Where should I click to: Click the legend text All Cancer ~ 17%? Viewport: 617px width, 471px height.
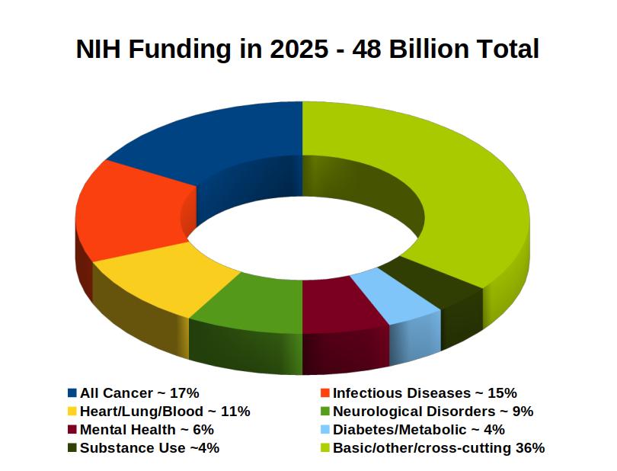coord(139,393)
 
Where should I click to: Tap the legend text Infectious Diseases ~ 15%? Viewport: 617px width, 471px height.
coord(424,393)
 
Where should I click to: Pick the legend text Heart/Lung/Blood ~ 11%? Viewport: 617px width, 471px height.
coord(165,412)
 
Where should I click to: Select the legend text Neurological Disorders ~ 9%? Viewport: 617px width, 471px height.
coord(433,412)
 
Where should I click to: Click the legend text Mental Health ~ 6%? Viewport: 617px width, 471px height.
coord(146,430)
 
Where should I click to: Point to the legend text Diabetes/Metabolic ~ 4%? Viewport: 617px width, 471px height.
coord(418,430)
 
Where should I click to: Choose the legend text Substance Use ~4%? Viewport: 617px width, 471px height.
coord(149,448)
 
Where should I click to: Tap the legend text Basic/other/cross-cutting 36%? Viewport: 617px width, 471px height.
coord(439,448)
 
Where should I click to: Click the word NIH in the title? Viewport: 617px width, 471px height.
coord(98,50)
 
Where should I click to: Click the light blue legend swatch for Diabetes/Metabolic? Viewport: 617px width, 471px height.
coord(325,430)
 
